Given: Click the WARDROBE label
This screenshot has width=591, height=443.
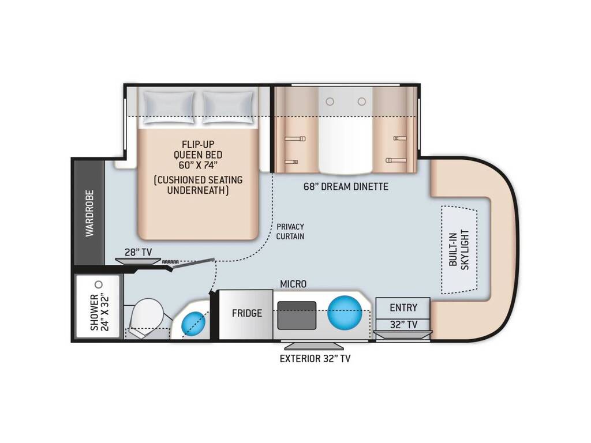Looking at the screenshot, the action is click(x=89, y=213).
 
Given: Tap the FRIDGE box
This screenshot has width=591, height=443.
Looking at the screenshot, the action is click(x=246, y=314).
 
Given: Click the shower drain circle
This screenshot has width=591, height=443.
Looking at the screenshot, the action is click(x=99, y=284).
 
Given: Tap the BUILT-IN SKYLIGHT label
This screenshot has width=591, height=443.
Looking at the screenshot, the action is click(x=459, y=250).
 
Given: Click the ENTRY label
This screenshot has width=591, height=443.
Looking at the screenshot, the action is click(x=403, y=308).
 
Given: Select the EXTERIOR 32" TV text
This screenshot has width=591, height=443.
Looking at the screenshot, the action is click(x=315, y=359).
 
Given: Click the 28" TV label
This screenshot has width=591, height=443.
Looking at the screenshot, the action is click(x=138, y=253).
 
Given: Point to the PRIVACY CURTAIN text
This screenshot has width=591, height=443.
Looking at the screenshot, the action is click(x=290, y=231).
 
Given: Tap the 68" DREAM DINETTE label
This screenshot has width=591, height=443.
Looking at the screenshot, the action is click(x=346, y=186).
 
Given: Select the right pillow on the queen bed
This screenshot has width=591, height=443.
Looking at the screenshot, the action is click(x=227, y=107).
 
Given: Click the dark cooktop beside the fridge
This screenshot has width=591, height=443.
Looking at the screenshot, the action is click(x=297, y=316).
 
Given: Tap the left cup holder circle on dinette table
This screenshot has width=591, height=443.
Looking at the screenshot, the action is click(x=330, y=102).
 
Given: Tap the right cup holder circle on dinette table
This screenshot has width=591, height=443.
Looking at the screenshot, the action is click(x=362, y=102).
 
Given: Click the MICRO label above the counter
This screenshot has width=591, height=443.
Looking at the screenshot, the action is click(x=293, y=284).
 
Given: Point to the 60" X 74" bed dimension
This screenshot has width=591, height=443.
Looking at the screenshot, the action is click(x=199, y=165).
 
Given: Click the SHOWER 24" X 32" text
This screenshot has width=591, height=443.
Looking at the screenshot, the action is click(x=99, y=312).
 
